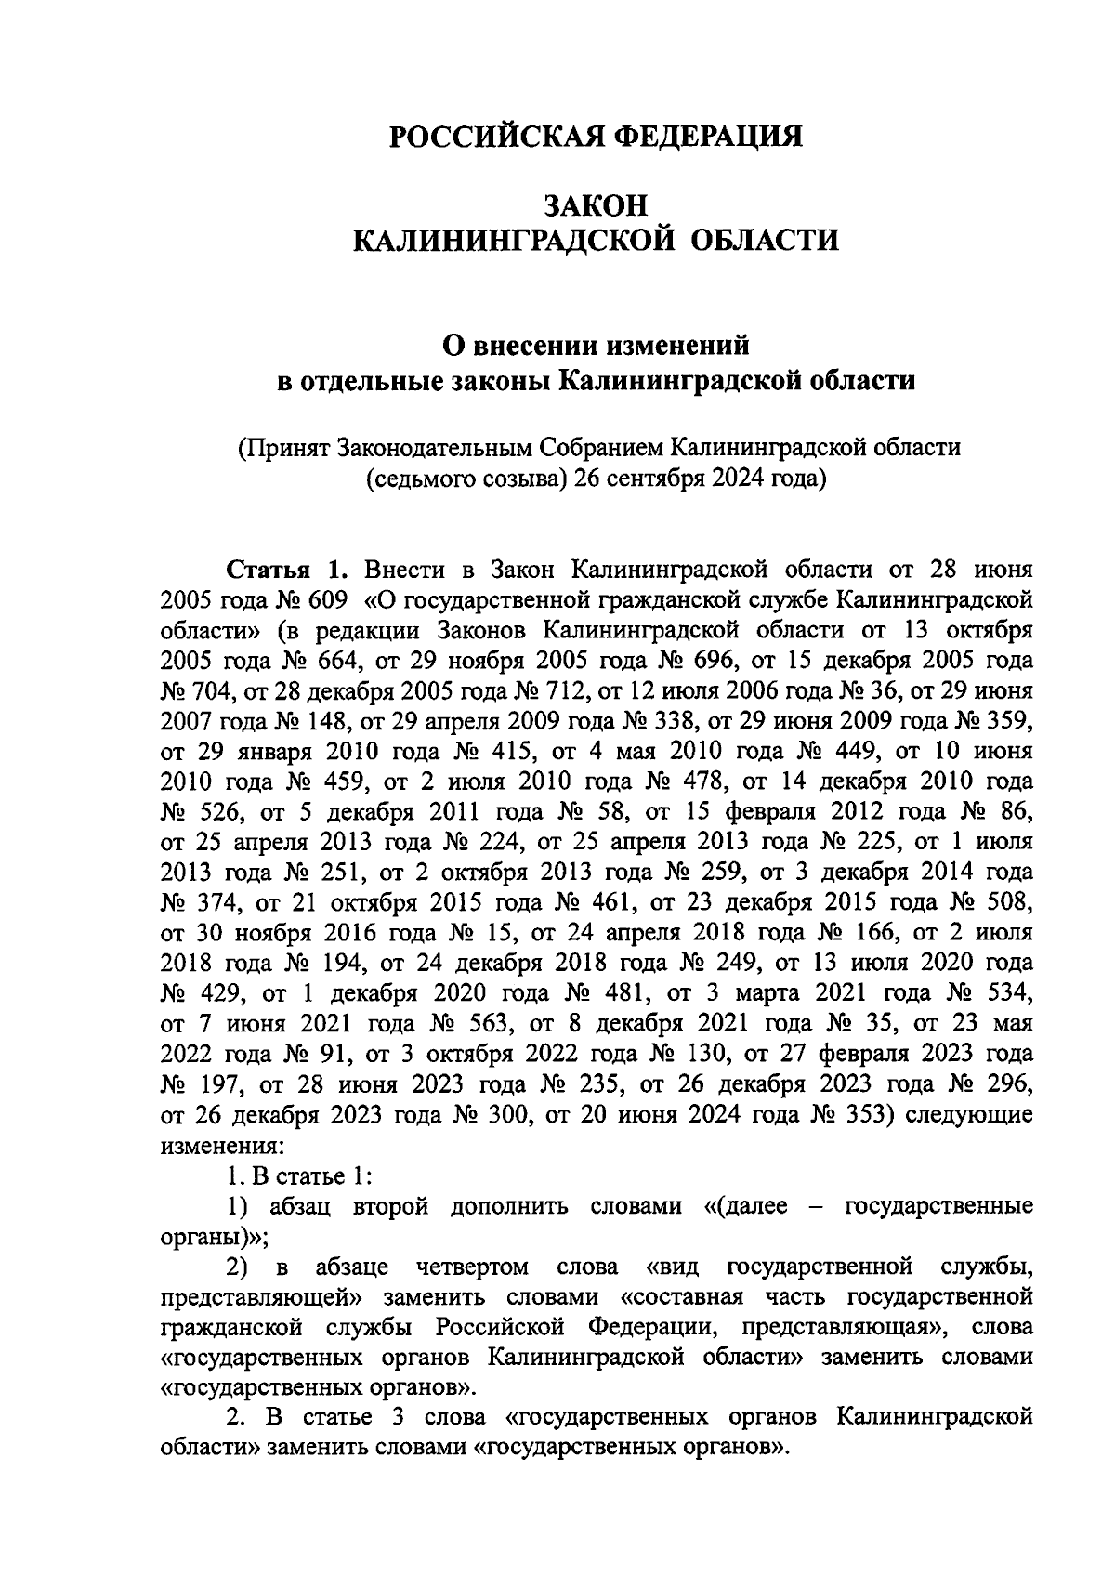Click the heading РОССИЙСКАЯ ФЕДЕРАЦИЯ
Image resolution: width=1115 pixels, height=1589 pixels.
tap(596, 137)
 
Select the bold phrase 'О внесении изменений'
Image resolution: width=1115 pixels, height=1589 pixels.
tap(596, 346)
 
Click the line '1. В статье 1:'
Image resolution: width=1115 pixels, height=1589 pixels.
tap(300, 1175)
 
